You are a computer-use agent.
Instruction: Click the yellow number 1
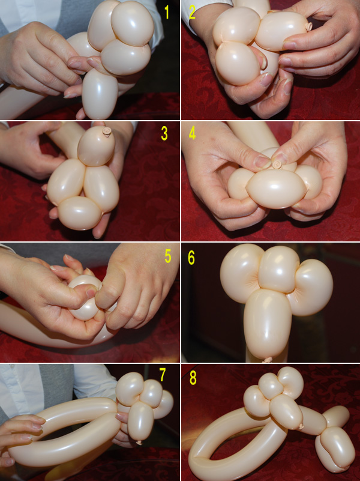tap(167, 12)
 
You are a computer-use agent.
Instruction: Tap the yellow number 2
tap(192, 12)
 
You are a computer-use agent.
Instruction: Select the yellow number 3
tap(164, 134)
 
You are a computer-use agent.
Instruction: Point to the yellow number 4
tap(192, 133)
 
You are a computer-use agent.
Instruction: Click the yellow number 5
tap(168, 256)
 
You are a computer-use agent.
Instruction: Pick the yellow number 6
tap(191, 258)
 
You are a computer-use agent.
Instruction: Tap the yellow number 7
tap(163, 375)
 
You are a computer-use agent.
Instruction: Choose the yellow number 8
tap(193, 378)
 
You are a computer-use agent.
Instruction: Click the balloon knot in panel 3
tap(107, 132)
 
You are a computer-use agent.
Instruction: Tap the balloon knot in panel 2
tap(308, 26)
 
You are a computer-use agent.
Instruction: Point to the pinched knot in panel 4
tap(278, 164)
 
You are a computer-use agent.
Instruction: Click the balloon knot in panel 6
tap(268, 359)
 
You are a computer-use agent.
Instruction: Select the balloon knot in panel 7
tap(139, 442)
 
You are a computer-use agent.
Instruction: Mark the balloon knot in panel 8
tap(301, 426)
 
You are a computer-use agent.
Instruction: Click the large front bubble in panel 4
tap(276, 189)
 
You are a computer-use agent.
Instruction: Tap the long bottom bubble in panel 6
tap(268, 324)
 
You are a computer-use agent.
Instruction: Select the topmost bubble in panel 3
tap(96, 147)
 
